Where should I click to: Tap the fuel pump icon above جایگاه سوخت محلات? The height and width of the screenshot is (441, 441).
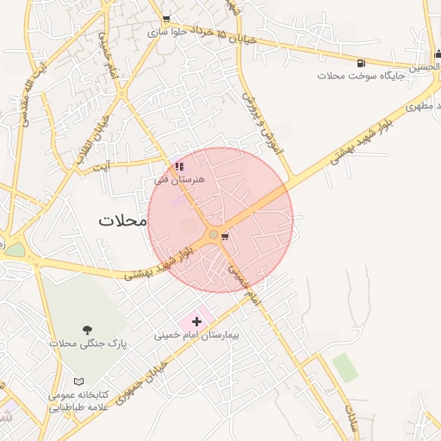(360, 62)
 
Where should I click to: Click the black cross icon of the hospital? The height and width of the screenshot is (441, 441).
(196, 321)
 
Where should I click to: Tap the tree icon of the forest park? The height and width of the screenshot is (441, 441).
(87, 330)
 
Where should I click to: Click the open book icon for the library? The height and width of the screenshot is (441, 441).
(79, 381)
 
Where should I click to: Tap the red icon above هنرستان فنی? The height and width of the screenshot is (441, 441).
(179, 166)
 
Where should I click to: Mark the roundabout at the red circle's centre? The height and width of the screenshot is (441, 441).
(213, 234)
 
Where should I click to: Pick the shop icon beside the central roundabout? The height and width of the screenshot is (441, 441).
(225, 234)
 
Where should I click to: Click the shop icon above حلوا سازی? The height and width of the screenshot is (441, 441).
(166, 19)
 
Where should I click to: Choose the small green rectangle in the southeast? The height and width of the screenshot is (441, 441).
(345, 368)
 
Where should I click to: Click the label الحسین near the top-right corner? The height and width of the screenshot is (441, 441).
(425, 67)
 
